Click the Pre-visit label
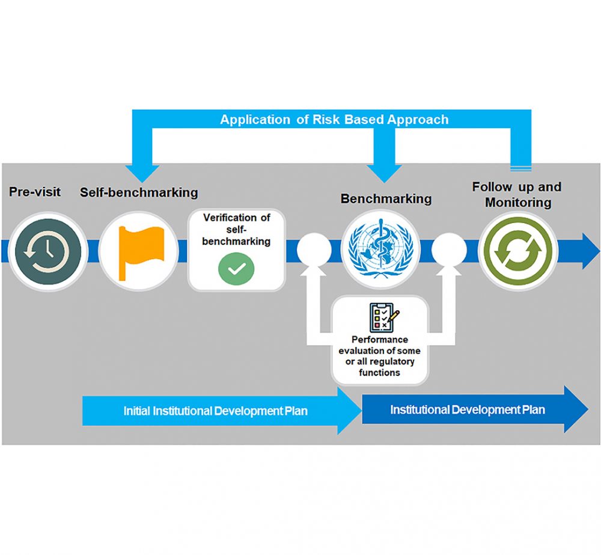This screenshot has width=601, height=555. coord(35,192)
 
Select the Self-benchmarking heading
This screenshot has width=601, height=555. coord(139,192)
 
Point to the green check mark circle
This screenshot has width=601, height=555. coord(236,269)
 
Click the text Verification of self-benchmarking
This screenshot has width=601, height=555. coord(236,229)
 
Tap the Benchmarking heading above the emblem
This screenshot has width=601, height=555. coord(386,198)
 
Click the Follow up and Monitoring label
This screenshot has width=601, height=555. coord(516,194)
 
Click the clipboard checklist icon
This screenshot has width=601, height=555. coord(383,316)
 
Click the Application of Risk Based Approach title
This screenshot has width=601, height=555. coord(334,119)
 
